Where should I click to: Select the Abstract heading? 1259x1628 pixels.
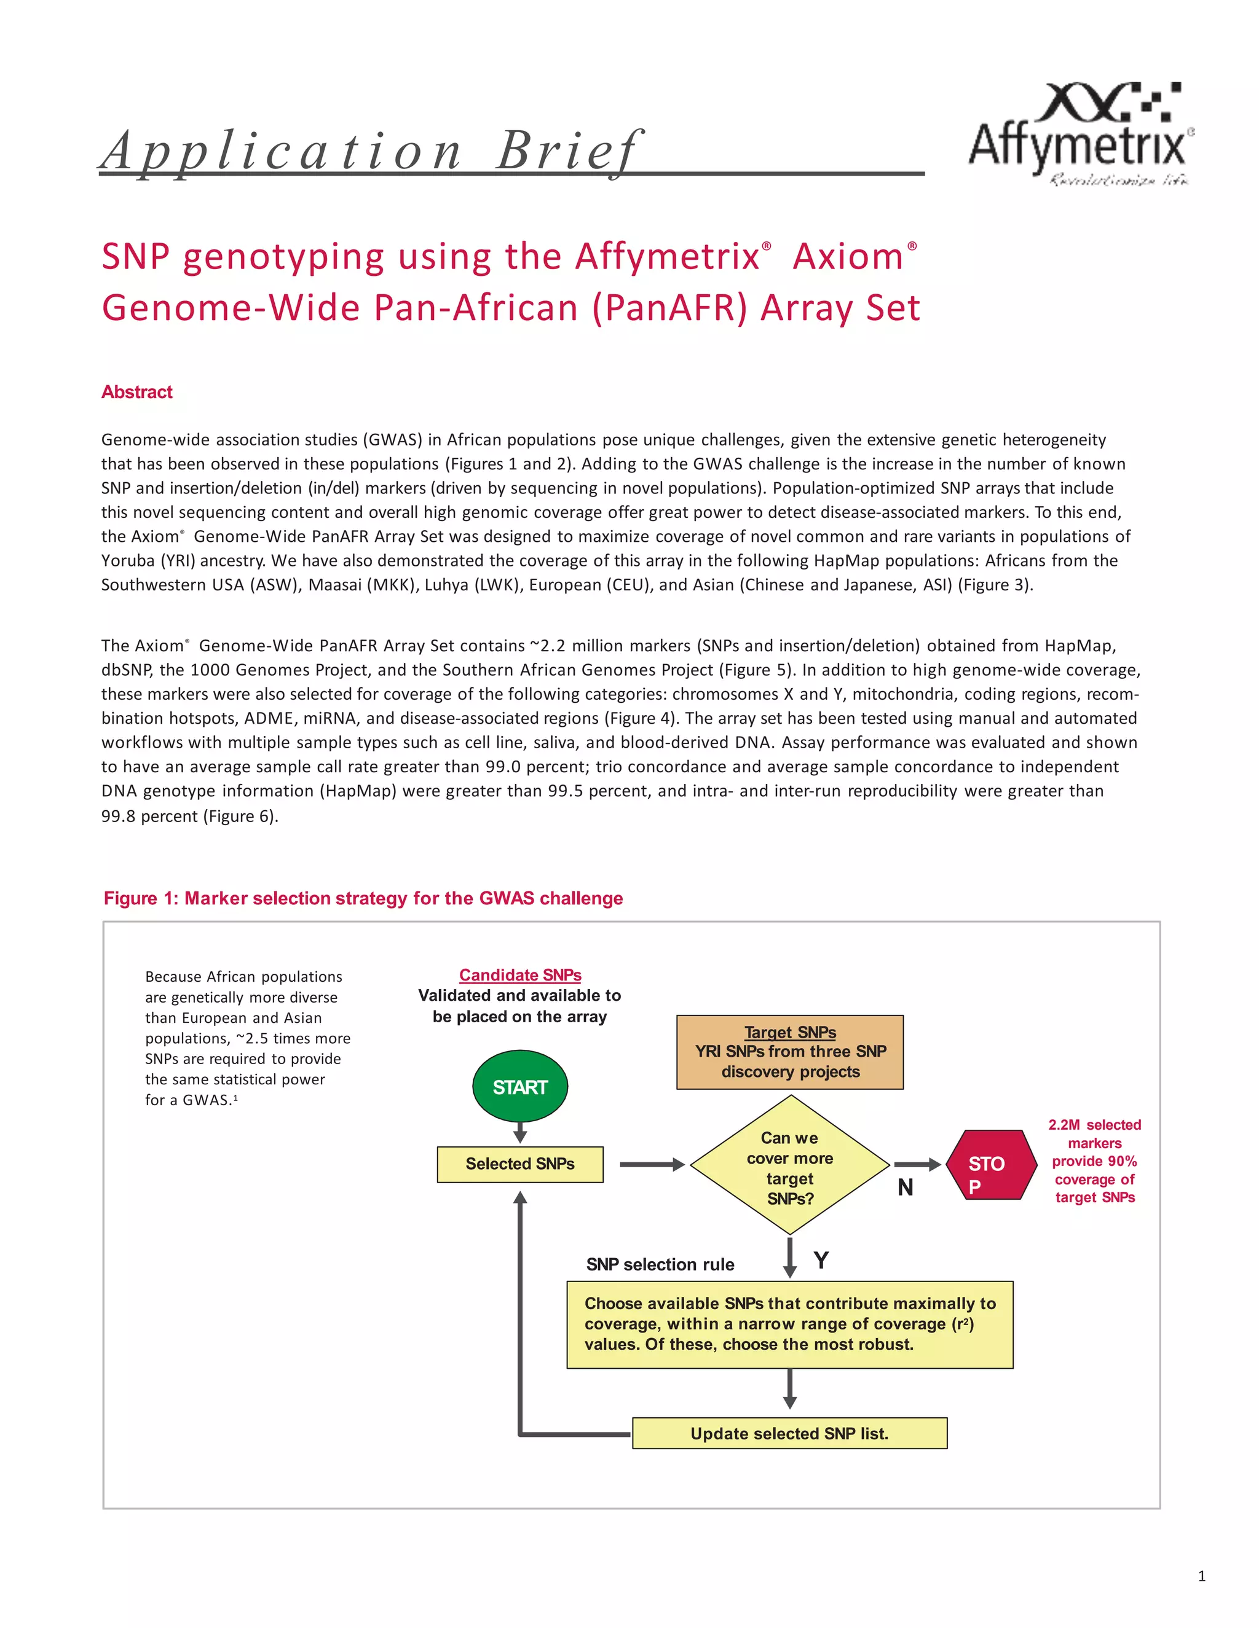click(136, 392)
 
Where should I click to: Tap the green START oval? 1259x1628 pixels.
click(520, 1087)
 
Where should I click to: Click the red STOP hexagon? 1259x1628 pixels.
click(990, 1164)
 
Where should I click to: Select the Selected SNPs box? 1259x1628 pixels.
click(520, 1164)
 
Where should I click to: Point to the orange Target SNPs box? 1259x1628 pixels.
click(790, 1052)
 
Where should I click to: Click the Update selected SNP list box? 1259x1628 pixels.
click(789, 1433)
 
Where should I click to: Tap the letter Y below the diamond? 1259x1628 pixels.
click(821, 1261)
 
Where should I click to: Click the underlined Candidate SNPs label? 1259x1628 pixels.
click(520, 975)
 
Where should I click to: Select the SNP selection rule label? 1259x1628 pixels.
click(660, 1264)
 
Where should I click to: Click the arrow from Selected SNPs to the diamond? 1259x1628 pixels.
click(652, 1164)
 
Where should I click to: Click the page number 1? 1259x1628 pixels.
click(1201, 1576)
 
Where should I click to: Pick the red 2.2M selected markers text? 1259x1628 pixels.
click(1094, 1160)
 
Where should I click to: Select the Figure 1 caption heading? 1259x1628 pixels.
click(363, 898)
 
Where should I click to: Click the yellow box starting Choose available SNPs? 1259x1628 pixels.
click(789, 1324)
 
